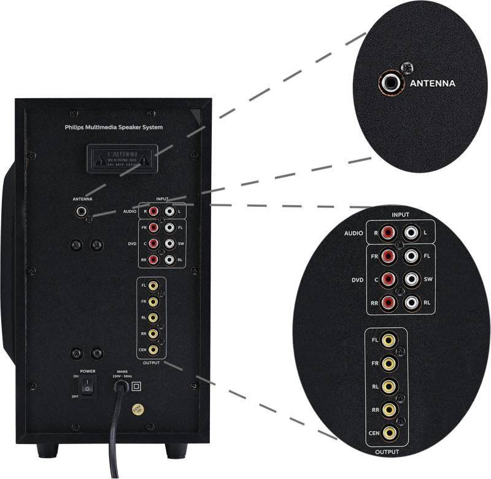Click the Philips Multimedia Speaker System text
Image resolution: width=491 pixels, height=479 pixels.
pos(114,127)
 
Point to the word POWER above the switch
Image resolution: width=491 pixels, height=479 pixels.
pos(87,372)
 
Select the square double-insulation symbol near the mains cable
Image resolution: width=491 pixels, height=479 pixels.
pos(136,386)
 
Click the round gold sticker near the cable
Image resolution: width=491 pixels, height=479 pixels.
pos(138,408)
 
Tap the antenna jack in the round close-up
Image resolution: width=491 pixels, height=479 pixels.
pos(388,82)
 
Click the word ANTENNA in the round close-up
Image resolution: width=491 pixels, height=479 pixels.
pos(433,83)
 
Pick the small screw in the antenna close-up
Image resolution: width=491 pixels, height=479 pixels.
pos(404,66)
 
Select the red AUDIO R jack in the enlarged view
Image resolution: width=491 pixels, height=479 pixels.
pos(388,233)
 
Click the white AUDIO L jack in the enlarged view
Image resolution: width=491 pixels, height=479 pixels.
pos(412,233)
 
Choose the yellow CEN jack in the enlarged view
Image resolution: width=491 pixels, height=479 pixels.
pos(389,433)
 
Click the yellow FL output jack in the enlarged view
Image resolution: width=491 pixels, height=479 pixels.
pos(389,340)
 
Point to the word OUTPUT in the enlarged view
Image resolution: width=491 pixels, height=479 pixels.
pos(387,452)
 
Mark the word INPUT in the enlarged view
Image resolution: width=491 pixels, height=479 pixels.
pos(400,215)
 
